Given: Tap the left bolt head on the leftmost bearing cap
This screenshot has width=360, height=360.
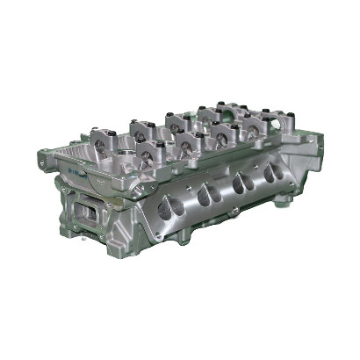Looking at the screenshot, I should (90, 133).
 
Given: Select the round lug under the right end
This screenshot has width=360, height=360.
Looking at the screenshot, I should (284, 200).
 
